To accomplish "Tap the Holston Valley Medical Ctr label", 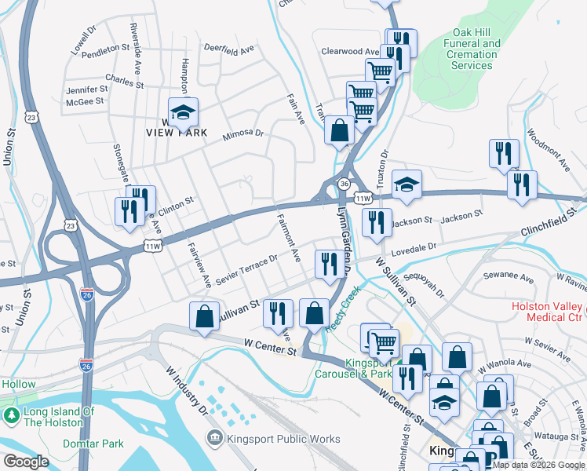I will [x=548, y=311].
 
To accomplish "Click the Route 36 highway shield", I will [x=344, y=183].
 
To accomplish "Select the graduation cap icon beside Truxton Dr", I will [x=407, y=185].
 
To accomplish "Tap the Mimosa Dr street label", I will [x=242, y=133].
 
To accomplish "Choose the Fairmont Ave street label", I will [x=287, y=239].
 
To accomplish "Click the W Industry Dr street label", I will [x=186, y=389].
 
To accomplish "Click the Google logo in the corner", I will [x=27, y=461].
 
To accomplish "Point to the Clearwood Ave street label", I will [x=350, y=52].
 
